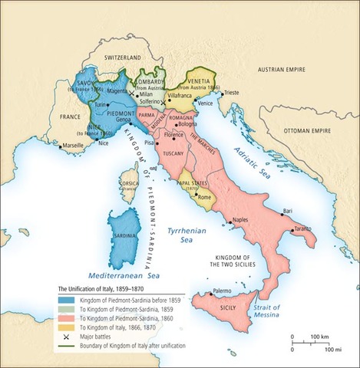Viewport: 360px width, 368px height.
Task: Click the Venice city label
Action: [206, 103]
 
